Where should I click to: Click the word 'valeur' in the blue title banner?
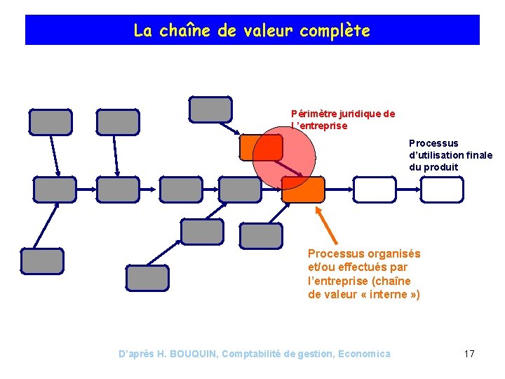(x=268, y=31)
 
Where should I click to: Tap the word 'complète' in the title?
(x=335, y=32)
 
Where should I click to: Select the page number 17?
(x=469, y=354)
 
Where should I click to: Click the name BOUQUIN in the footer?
(x=193, y=354)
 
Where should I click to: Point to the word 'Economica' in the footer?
(x=364, y=354)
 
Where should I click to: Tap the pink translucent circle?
(x=284, y=158)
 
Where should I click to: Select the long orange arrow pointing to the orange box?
(x=326, y=225)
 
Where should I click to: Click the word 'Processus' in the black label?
(x=433, y=143)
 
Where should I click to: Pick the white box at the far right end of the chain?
(x=442, y=189)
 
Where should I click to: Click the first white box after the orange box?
(x=375, y=189)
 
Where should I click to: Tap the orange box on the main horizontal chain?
(x=303, y=189)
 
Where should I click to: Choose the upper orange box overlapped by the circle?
(x=261, y=147)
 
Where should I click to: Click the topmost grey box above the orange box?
(x=210, y=109)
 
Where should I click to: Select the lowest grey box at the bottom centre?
(x=147, y=278)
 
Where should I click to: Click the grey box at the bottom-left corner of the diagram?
(x=42, y=261)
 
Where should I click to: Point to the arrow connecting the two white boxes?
(x=408, y=189)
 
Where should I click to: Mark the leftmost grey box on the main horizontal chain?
(x=55, y=189)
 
